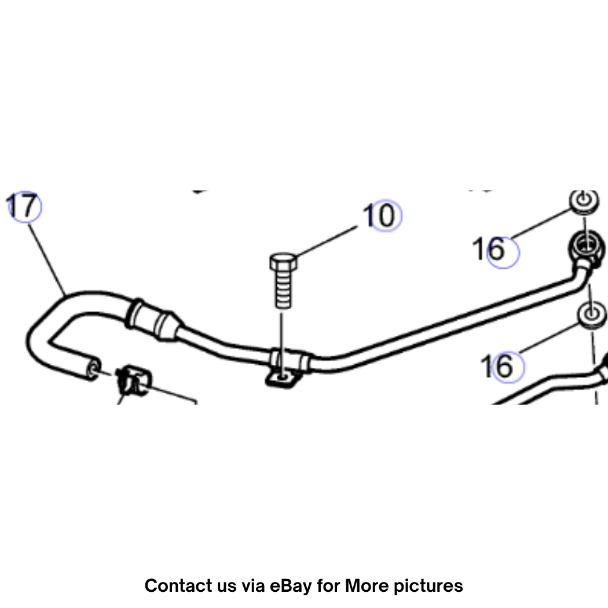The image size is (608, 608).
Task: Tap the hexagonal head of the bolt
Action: tap(284, 262)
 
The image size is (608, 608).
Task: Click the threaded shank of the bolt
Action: tap(284, 290)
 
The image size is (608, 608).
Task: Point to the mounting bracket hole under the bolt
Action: tap(283, 376)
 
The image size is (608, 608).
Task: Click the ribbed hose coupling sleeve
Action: tap(154, 320)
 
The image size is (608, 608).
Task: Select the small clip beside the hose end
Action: tap(134, 380)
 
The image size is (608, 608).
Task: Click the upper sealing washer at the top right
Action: tap(584, 202)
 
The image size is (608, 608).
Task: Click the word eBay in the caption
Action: tap(291, 585)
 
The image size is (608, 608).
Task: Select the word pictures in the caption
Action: tap(428, 586)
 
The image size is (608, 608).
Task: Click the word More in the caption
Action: tap(367, 585)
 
